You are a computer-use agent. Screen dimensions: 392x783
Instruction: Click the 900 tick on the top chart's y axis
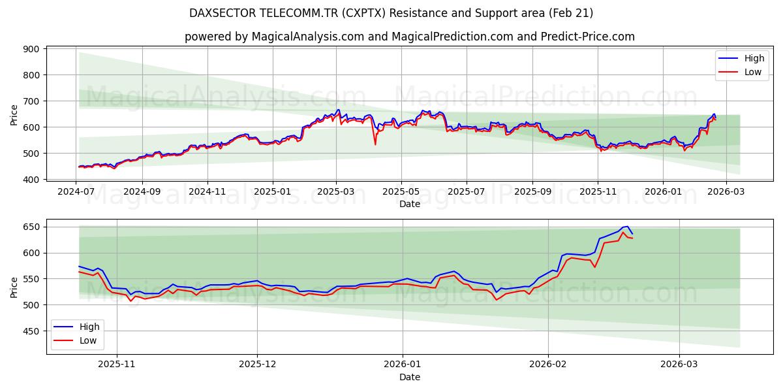pos(30,49)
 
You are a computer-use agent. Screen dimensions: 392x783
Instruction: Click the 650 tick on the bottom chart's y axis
pos(30,227)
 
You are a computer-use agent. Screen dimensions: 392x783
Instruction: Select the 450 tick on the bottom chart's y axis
pos(30,331)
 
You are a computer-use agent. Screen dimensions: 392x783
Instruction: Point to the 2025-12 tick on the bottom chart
pos(257,364)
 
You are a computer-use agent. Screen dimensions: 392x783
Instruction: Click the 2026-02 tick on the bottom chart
pos(548,364)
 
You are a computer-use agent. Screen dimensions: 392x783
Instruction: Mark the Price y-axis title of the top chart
pos(14,114)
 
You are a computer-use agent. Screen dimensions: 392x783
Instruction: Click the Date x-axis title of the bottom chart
pos(410,377)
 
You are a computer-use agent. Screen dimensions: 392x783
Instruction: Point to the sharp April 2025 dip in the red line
pos(375,144)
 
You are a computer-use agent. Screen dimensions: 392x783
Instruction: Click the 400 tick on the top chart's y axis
pos(30,179)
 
